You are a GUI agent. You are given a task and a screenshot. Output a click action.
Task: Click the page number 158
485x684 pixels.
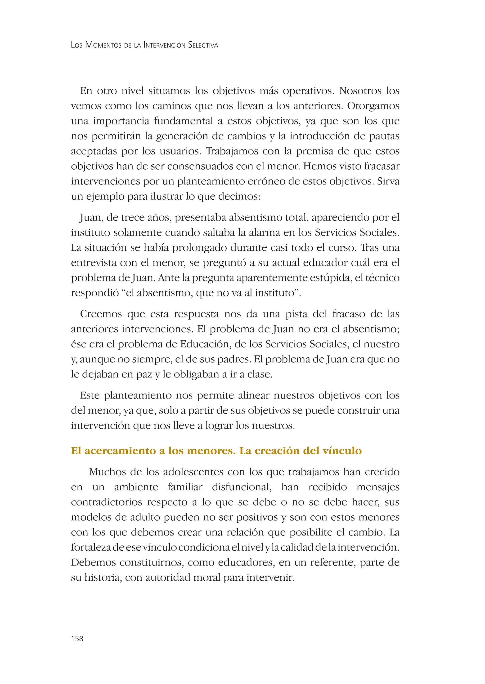pos(77,638)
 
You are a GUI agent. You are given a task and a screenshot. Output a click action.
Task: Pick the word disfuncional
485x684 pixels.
pos(242,487)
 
